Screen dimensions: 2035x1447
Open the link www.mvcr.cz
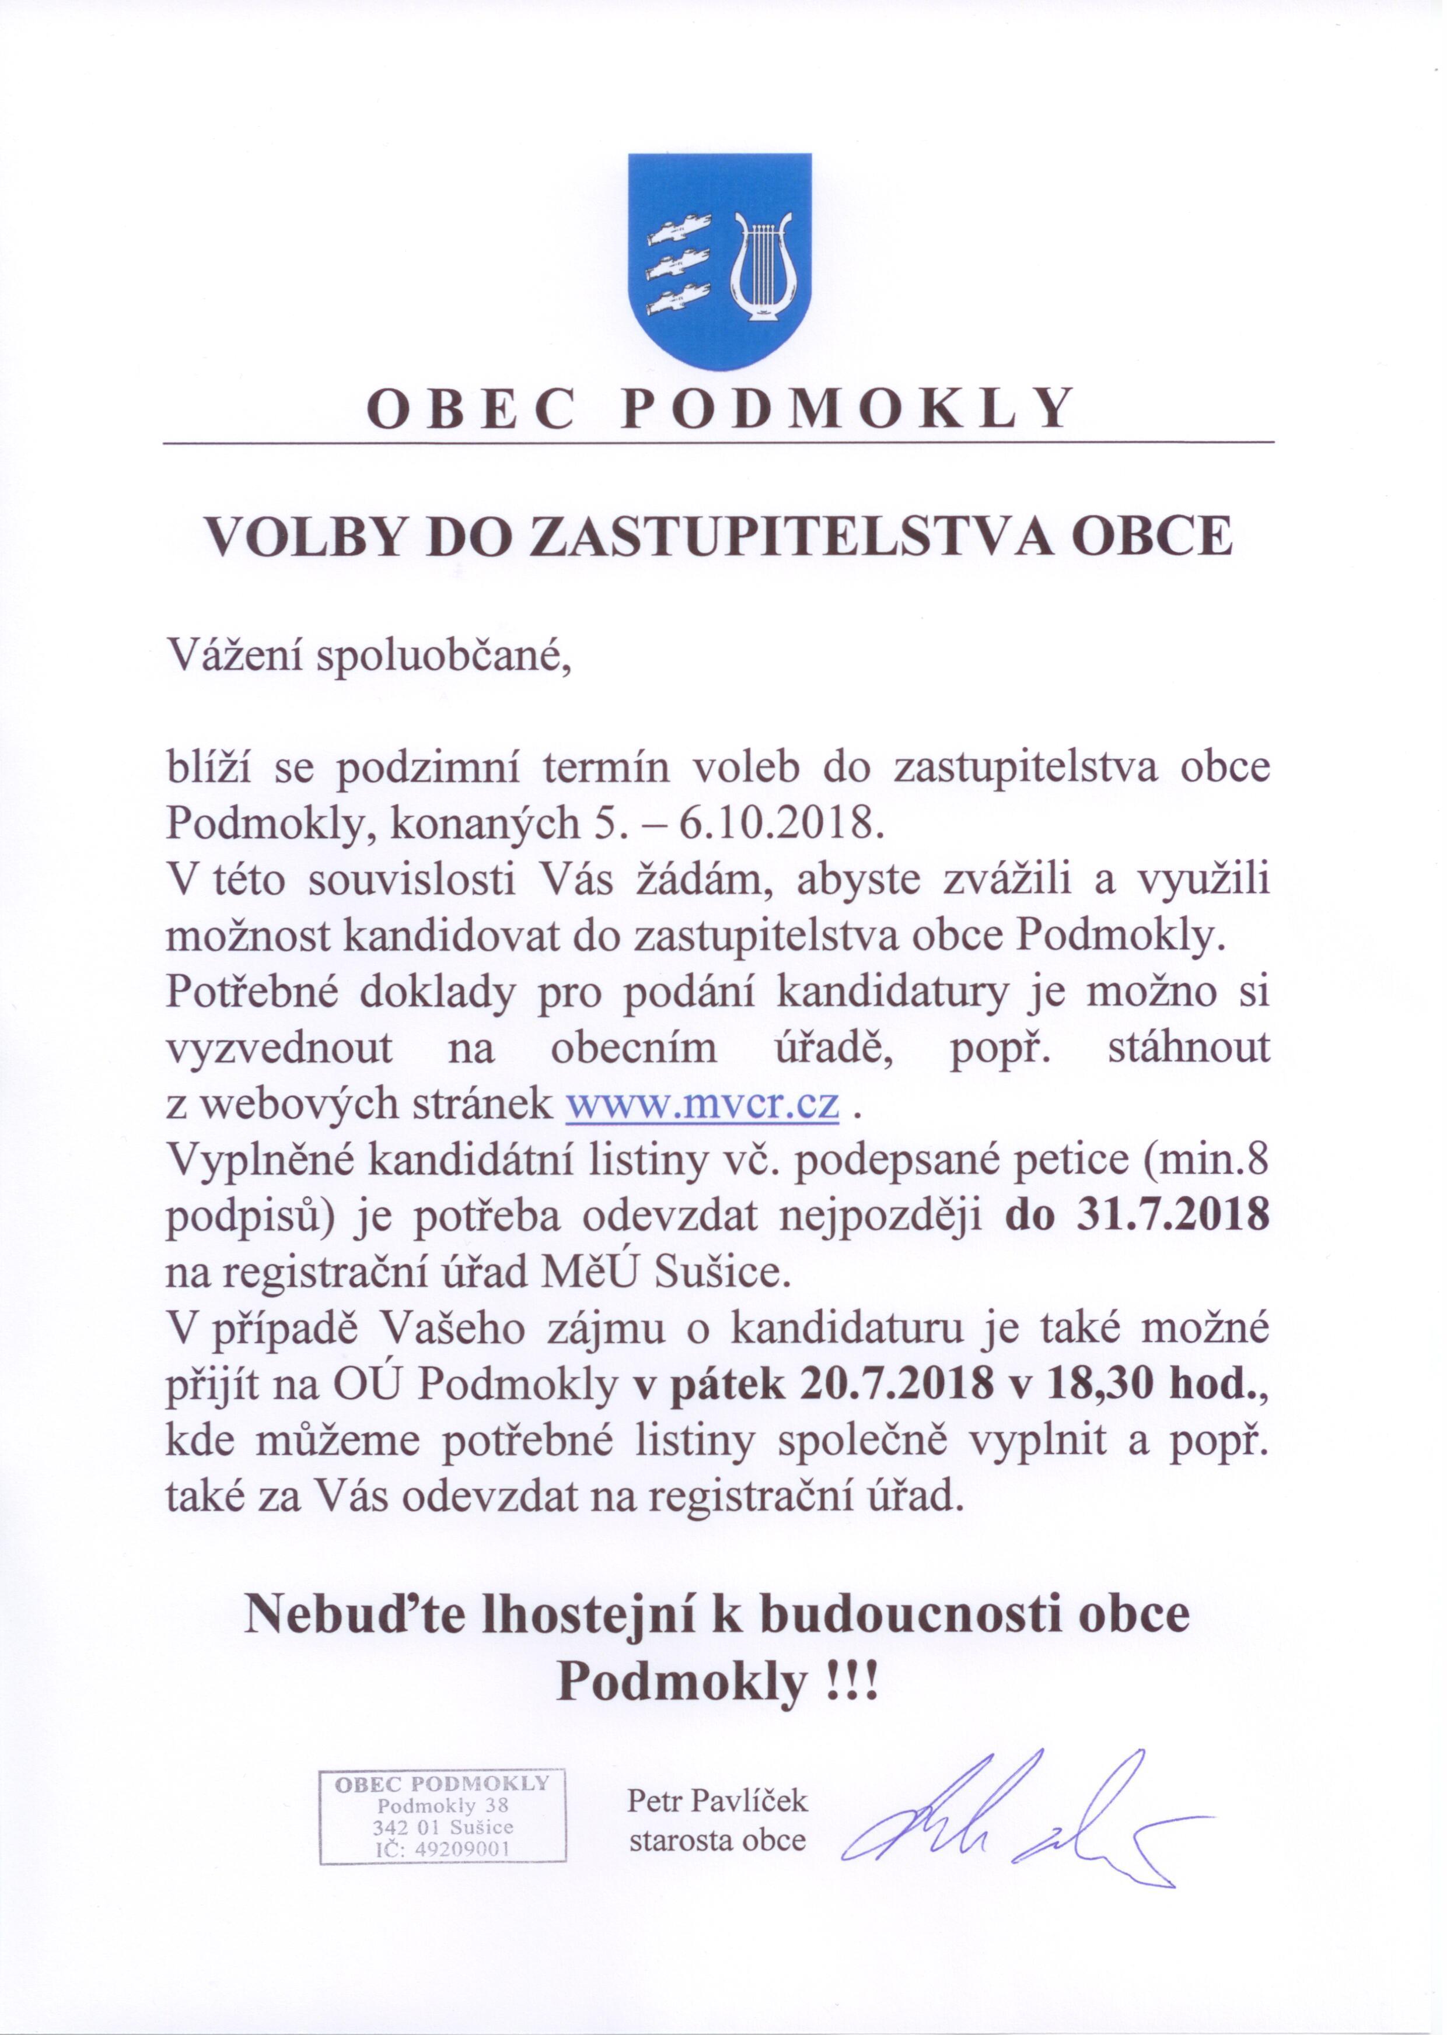tap(704, 1104)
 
